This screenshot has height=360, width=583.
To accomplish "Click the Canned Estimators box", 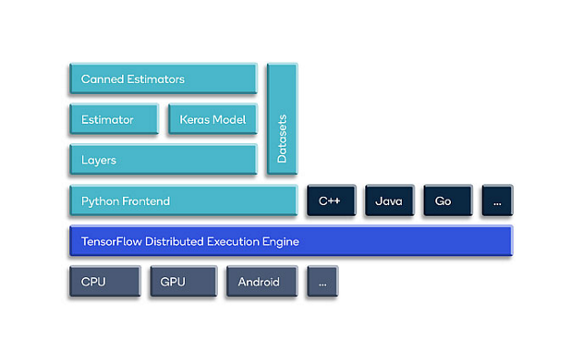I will [x=162, y=79].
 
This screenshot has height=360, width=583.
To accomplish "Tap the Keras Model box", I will [x=211, y=119].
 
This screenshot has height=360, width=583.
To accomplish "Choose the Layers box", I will [x=162, y=160].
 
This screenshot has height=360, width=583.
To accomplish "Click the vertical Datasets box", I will [x=281, y=118].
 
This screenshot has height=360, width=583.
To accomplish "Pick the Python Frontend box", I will [x=182, y=201].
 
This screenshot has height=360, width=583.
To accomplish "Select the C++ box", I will [x=330, y=201].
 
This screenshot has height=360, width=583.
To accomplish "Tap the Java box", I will [x=389, y=201].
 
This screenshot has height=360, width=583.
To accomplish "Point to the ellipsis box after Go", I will [x=496, y=201].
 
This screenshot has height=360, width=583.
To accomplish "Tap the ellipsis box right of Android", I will [x=322, y=282].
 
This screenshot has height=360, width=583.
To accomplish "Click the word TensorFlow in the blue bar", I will [x=110, y=242].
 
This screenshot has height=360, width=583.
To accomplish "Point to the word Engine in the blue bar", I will [x=281, y=242].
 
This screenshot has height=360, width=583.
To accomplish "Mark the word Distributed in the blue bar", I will [x=174, y=242].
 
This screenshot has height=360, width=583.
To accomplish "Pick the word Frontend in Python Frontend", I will [x=145, y=201].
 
